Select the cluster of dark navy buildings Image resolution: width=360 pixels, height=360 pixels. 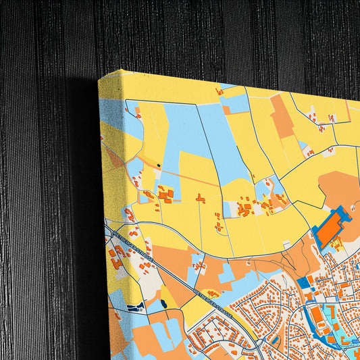(136, 307)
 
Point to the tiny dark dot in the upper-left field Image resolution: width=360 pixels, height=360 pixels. (159, 165)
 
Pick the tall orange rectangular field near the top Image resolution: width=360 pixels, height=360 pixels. (282, 115)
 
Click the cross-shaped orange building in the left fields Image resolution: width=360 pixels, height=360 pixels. (165, 195)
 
